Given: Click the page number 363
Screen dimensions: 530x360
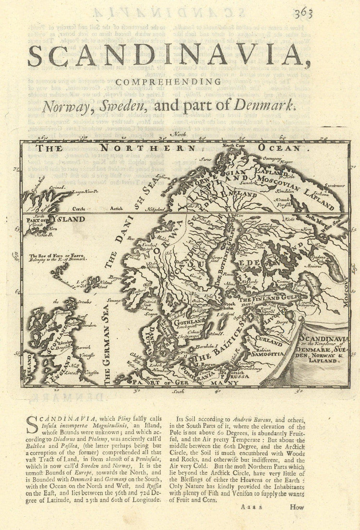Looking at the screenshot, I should [303, 14].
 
